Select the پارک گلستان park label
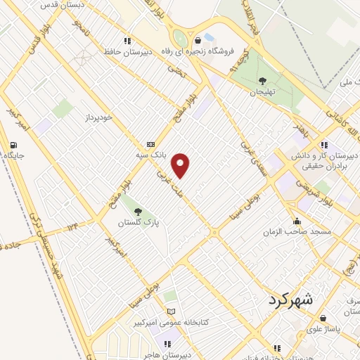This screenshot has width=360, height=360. tap(139, 222)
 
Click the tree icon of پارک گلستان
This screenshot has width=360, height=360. tap(138, 210)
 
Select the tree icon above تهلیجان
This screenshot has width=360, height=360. tap(262, 81)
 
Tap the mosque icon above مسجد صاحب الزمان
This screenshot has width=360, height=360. tap(298, 220)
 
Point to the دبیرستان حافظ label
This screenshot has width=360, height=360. tap(129, 52)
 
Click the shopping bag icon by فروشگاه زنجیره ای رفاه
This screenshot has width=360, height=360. tap(198, 39)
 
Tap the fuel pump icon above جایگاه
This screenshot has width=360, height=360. tap(13, 146)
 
